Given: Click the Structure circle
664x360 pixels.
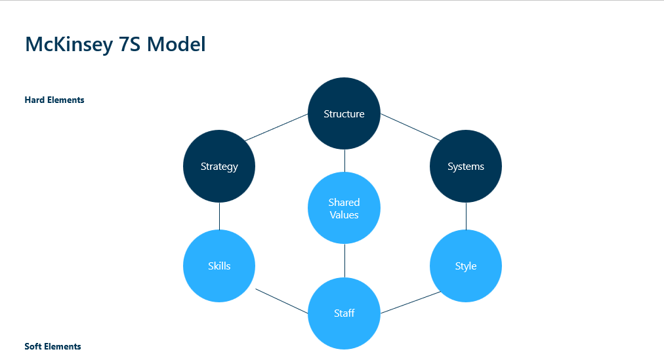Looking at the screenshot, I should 344,113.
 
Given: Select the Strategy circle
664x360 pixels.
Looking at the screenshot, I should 219,166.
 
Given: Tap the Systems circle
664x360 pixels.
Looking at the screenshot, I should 466,166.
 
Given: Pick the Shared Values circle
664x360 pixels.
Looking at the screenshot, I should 344,208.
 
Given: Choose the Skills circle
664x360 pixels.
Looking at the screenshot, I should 219,266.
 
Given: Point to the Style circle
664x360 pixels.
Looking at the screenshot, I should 466,266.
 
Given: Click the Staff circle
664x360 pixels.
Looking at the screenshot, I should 344,313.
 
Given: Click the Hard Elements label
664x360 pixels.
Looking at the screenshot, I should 54,100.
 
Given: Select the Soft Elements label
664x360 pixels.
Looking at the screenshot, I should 52,346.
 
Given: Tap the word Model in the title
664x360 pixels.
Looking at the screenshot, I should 176,45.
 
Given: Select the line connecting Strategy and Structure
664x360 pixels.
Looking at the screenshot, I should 276,127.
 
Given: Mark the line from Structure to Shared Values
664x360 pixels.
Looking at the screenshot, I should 344,161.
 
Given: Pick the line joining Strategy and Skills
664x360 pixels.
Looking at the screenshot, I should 219,216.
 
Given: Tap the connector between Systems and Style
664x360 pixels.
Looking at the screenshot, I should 466,216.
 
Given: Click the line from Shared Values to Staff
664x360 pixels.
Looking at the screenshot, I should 344,260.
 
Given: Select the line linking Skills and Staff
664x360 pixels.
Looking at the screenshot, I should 282,301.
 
